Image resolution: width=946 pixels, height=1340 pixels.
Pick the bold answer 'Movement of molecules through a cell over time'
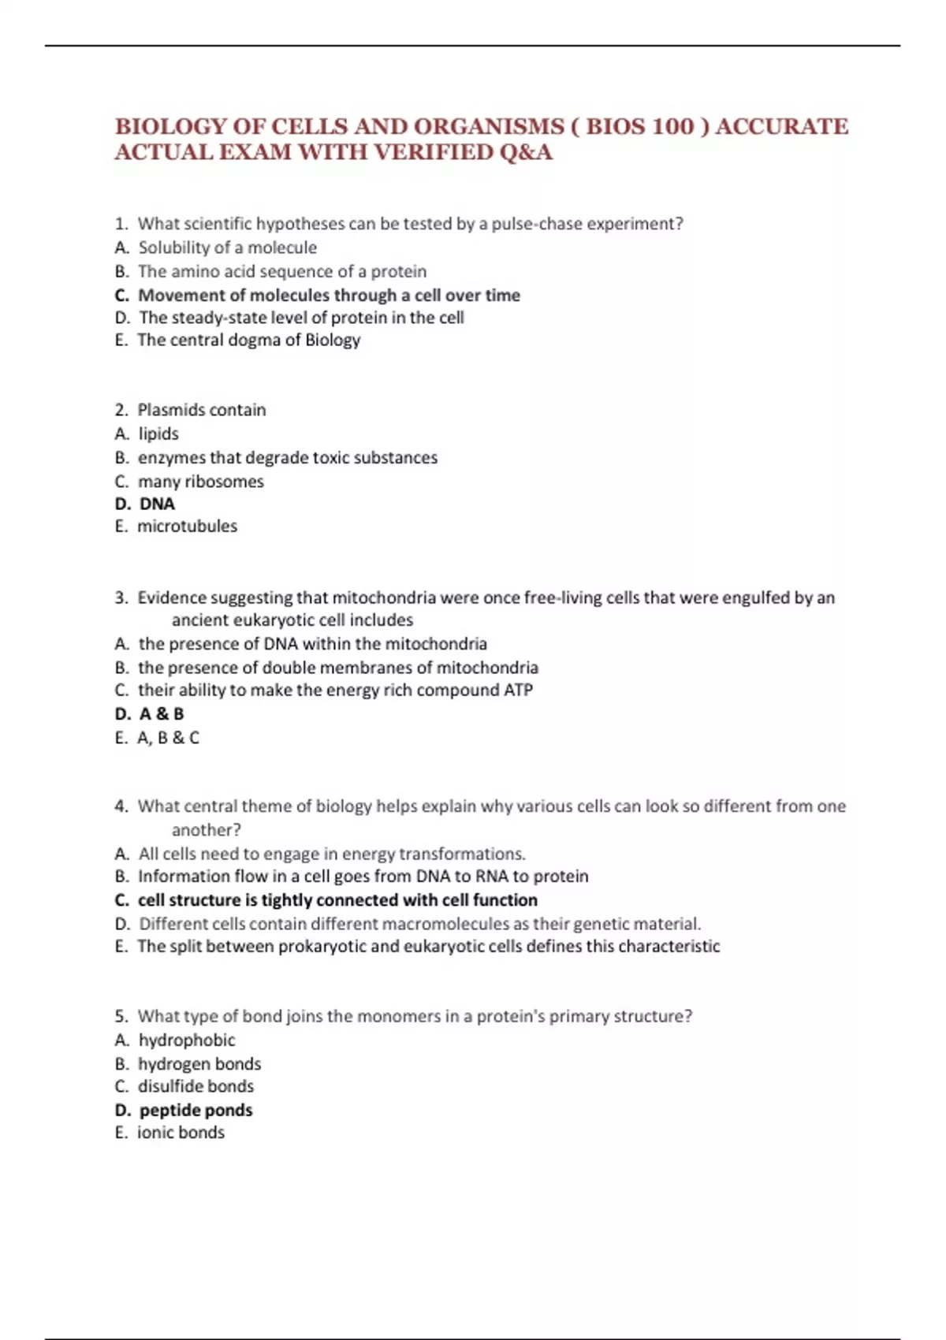[x=329, y=295]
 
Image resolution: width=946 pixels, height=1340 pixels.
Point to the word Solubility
[x=173, y=248]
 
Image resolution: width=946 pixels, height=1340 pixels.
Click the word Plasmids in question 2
[x=169, y=410]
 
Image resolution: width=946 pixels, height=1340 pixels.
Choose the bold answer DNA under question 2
[x=157, y=504]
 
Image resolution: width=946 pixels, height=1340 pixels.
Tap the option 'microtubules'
[x=187, y=526]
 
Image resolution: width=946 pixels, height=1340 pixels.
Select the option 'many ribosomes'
[x=200, y=482]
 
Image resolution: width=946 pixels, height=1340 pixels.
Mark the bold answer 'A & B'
[x=162, y=714]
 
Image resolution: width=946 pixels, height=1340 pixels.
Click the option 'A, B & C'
[x=168, y=738]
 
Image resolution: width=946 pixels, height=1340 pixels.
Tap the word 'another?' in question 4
[x=207, y=830]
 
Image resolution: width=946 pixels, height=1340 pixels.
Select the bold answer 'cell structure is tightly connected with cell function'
[x=337, y=900]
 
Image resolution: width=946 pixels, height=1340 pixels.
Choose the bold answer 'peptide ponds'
[x=196, y=1110]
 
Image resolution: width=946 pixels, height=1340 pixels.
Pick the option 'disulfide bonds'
[x=196, y=1086]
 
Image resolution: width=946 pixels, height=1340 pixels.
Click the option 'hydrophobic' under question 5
[x=187, y=1040]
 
